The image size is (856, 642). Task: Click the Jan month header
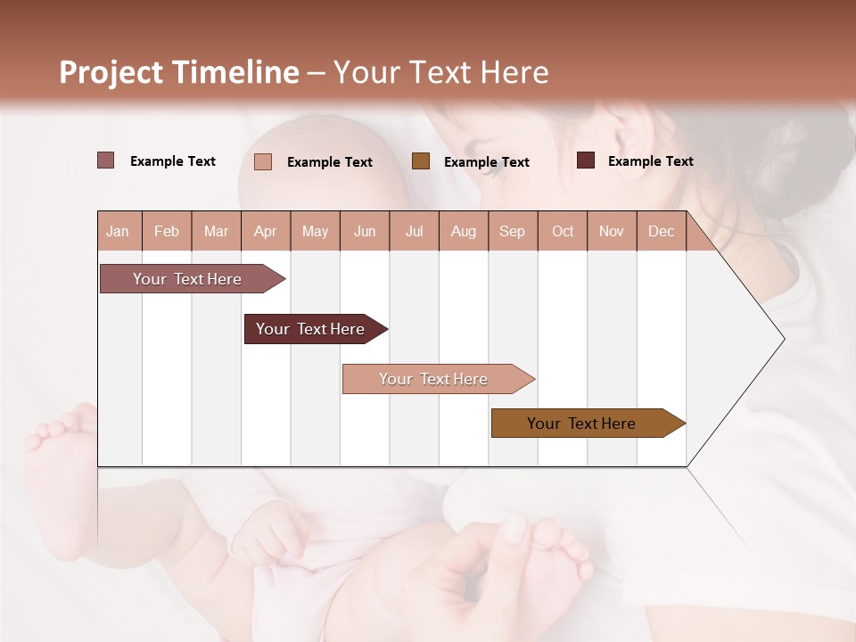coord(118,231)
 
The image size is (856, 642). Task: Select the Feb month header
coord(167,231)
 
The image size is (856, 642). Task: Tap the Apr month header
coord(265,231)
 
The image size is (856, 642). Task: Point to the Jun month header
coord(365,231)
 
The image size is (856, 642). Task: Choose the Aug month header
coord(463,231)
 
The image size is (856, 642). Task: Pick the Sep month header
coord(512,231)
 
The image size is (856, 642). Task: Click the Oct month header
coord(563,231)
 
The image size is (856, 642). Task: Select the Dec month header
coord(661,231)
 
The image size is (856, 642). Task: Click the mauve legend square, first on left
coord(106,160)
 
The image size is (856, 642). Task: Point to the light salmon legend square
coord(263,161)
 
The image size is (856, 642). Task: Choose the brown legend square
coord(421,161)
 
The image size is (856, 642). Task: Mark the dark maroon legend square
coord(586,160)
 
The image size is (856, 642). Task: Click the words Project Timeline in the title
coord(179,72)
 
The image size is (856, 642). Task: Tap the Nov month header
coord(612,231)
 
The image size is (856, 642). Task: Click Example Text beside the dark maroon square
coord(650,160)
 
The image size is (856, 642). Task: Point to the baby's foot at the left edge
coord(58,446)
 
